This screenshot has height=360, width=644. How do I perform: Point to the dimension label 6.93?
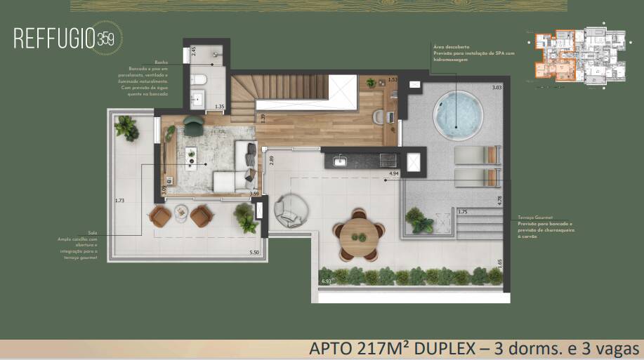click(x=326, y=281)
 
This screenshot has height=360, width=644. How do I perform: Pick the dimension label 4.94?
click(x=393, y=173)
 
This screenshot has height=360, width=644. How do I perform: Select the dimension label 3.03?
click(x=497, y=88)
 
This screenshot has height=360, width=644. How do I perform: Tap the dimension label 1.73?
click(x=119, y=201)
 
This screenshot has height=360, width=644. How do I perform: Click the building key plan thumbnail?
click(x=579, y=58)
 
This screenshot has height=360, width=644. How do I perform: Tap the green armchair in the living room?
click(x=194, y=123)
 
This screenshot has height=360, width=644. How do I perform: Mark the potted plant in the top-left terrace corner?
click(x=126, y=128)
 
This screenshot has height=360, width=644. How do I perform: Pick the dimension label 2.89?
click(x=271, y=161)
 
